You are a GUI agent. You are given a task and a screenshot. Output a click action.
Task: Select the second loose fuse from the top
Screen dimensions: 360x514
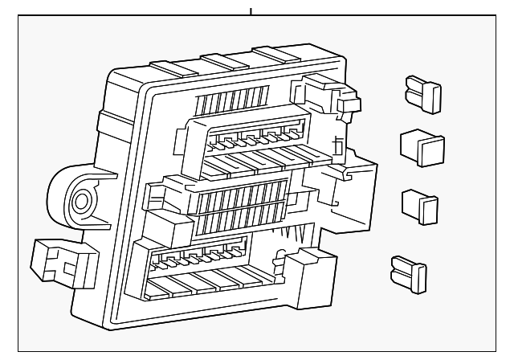(x=422, y=146)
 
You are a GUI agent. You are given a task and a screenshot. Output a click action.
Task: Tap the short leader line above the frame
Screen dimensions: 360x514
(x=251, y=10)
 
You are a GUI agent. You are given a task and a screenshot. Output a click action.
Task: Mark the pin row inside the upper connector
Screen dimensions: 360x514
(x=253, y=139)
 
